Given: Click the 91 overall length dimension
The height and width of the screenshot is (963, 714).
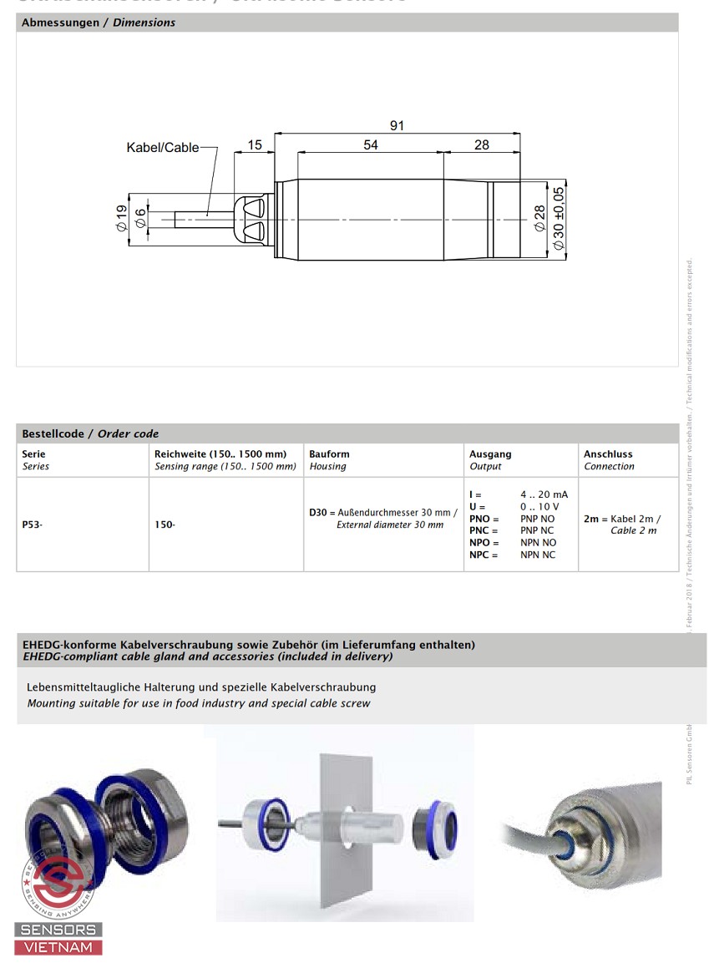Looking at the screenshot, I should click(397, 125).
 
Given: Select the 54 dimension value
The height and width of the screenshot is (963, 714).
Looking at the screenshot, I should click(371, 144).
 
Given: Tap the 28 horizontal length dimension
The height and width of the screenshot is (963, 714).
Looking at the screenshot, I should click(482, 144).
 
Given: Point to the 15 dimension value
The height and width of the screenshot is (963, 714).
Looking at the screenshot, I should click(255, 144).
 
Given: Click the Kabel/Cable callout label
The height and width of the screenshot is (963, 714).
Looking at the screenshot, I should click(163, 148).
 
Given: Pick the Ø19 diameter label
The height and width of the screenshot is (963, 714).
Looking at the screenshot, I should click(122, 219).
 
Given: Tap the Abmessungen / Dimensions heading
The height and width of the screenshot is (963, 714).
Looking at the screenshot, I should click(98, 23).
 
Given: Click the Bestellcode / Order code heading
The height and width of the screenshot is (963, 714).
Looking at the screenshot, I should click(90, 433).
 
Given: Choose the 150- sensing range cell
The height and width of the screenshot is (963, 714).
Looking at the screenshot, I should click(165, 525).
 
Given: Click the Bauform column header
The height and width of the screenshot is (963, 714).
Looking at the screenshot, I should click(329, 454).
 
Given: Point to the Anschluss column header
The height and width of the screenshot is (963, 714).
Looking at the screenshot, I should click(608, 454).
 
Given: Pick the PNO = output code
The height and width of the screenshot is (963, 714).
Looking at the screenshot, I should click(484, 519).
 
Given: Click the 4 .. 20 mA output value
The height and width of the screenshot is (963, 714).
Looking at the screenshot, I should click(544, 494).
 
